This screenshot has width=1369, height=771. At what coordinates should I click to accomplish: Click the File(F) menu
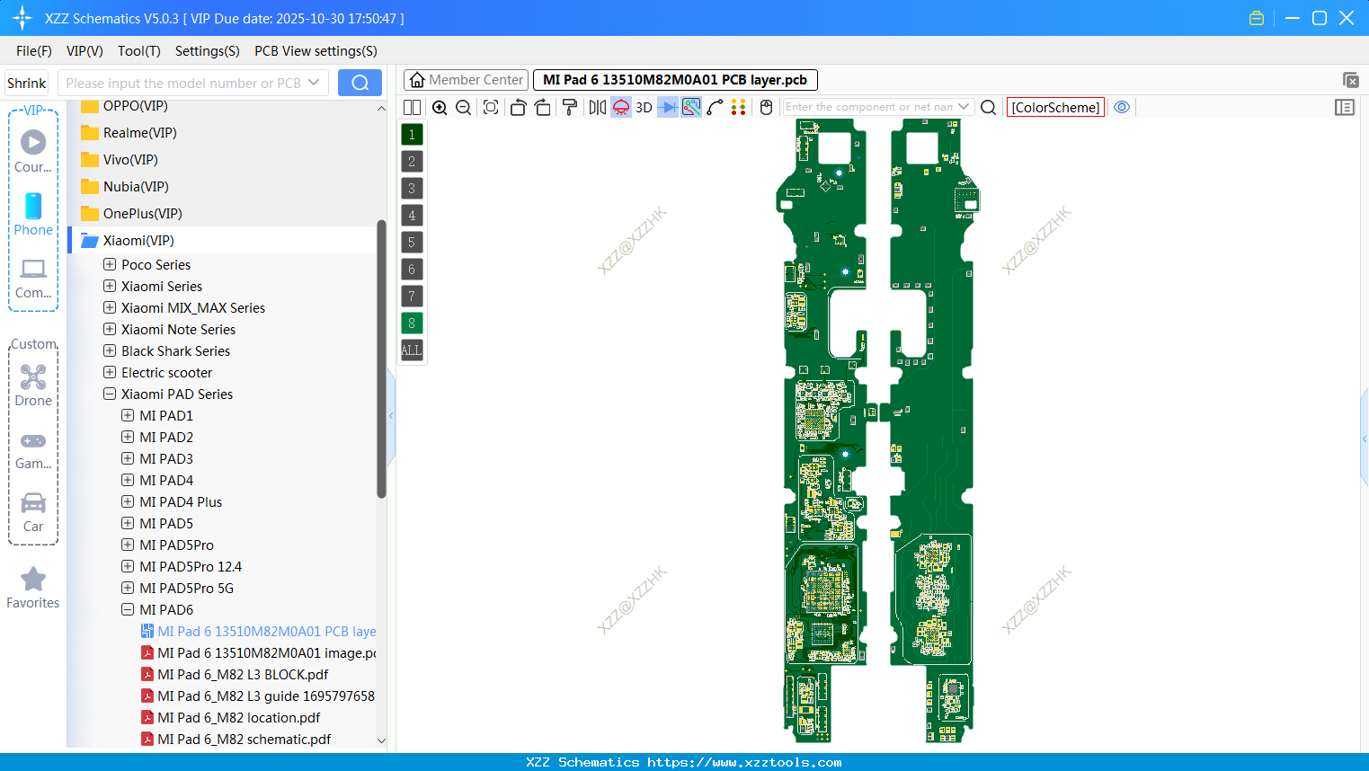click(34, 51)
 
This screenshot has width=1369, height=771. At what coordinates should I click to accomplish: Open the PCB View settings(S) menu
click(316, 51)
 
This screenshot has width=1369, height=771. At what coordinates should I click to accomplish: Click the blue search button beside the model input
click(360, 83)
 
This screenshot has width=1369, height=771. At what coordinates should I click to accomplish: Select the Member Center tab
click(466, 80)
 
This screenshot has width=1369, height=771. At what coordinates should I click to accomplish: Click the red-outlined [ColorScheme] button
click(1055, 107)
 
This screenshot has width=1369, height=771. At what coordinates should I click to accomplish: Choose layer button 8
click(412, 323)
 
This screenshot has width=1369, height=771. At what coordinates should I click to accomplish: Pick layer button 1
click(412, 135)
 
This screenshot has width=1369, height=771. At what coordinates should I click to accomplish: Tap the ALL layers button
click(412, 350)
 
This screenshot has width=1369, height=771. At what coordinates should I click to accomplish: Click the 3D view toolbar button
click(644, 107)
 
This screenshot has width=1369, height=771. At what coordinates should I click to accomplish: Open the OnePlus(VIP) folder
click(142, 214)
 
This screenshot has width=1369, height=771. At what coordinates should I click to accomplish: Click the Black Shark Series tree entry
click(175, 351)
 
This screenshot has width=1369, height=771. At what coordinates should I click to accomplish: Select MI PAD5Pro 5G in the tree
click(186, 589)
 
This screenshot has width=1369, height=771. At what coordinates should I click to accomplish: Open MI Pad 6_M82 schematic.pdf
click(244, 740)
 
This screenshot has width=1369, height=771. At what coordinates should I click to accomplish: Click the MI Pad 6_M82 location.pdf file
click(238, 718)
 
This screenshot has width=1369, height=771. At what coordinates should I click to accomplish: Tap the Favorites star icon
click(33, 580)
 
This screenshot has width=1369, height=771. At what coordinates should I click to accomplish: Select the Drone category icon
click(33, 378)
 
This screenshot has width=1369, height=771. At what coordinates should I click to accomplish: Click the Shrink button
click(26, 83)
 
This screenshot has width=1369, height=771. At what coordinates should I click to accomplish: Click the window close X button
click(1347, 18)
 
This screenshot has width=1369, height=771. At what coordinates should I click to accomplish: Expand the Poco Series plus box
click(110, 264)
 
